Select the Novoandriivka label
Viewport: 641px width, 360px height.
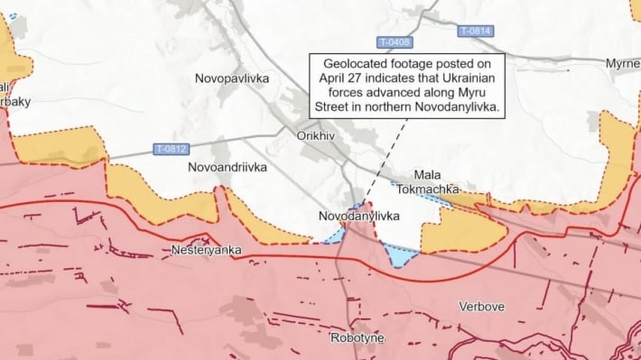coord(227,168)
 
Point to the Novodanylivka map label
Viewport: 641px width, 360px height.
coord(358,217)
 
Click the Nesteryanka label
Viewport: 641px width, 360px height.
coord(200,249)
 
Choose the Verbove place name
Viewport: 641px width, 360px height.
coord(481,307)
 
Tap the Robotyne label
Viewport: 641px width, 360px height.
coord(357,337)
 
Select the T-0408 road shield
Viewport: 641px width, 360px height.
coord(394,43)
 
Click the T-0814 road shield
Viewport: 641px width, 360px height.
coord(475,31)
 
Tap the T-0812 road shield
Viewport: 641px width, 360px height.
coord(171,149)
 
